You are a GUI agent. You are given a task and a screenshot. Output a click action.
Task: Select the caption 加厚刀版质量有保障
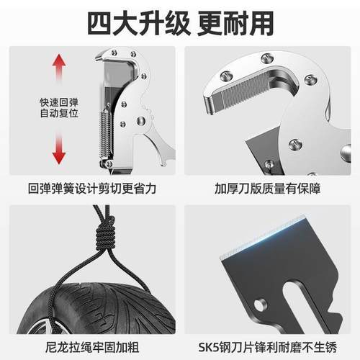(269, 189)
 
